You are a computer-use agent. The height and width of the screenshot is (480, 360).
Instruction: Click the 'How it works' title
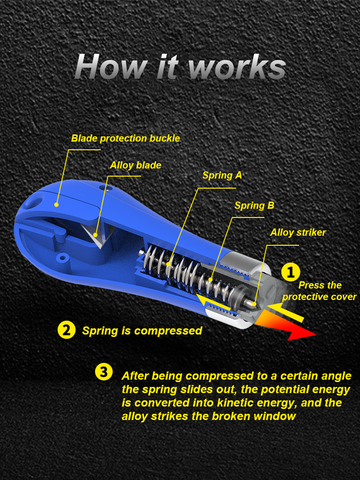180,67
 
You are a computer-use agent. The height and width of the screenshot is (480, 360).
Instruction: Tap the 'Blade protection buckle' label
126,138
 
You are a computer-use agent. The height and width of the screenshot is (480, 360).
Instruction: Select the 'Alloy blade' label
136,165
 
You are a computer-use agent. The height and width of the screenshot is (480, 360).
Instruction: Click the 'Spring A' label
222,175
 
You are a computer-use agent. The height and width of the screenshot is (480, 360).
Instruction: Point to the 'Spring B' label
254,206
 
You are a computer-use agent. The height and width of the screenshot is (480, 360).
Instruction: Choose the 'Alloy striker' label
298,233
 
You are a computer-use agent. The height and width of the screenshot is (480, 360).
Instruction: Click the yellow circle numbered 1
291,272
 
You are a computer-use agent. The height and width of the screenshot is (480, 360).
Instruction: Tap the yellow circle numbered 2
66,330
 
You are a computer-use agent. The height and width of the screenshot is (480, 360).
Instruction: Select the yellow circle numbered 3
104,372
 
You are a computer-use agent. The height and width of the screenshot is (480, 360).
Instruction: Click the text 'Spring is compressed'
142,331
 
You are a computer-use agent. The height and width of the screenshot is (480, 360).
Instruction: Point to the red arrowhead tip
315,334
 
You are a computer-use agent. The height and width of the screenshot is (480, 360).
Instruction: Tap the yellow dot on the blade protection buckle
57,205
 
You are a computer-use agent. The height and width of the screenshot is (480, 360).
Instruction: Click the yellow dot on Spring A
168,264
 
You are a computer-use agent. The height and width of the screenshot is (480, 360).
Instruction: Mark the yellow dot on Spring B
210,279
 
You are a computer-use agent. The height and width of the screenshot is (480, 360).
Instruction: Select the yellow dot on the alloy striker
254,304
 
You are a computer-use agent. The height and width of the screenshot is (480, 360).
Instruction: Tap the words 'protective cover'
319,297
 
